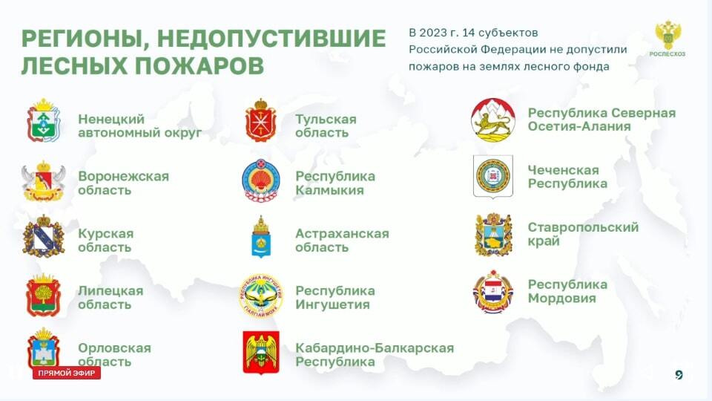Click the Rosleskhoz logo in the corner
(667, 38)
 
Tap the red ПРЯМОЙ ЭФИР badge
(67, 374)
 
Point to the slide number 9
(679, 374)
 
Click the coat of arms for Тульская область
(260, 120)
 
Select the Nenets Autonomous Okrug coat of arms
(43, 120)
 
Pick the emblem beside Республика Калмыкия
(260, 180)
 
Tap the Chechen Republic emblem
(493, 177)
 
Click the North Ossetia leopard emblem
(493, 120)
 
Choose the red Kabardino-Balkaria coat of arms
(260, 352)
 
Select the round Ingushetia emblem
(261, 295)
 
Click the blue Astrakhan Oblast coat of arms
(260, 237)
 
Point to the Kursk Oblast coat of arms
(44, 236)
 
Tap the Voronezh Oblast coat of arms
(43, 181)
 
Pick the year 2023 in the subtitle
(433, 33)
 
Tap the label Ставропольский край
(583, 234)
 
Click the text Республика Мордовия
(567, 291)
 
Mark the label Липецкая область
(111, 297)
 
